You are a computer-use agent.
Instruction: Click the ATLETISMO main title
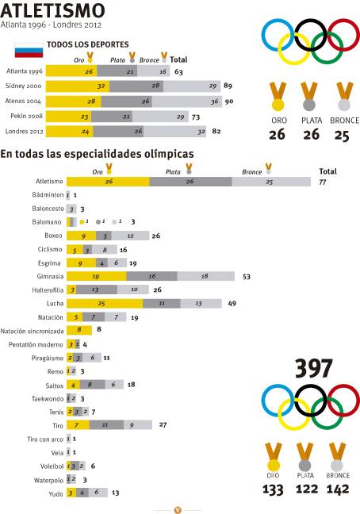tap(53, 10)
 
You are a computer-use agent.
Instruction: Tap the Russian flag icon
tap(29, 54)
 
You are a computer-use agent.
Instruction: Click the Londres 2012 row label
tap(25, 131)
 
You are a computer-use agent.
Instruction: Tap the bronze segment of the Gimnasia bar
tap(205, 276)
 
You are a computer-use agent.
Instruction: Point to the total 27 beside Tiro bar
tap(163, 425)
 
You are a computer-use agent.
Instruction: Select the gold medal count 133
tap(273, 490)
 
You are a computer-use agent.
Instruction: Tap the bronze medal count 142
tap(338, 490)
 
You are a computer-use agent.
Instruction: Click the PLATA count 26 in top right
tap(311, 135)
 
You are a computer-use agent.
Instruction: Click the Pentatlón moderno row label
tap(37, 344)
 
